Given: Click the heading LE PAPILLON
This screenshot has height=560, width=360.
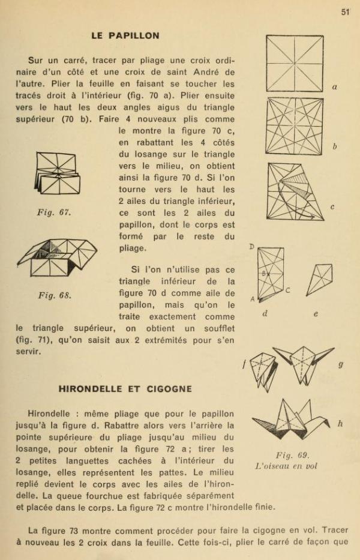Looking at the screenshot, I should coord(125,35).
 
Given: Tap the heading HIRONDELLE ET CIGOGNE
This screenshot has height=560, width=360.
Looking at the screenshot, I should coord(125,389).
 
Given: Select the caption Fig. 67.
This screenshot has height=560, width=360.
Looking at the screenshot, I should coord(54,212).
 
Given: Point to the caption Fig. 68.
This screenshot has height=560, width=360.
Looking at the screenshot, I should coord(55,295).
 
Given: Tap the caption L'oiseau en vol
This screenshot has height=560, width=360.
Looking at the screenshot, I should coord(286,466).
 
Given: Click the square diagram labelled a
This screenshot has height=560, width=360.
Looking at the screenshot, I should coord(295,63).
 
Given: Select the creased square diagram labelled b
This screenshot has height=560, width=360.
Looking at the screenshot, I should coord(295,126).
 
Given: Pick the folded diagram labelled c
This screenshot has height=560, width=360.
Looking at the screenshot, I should coord(295,191).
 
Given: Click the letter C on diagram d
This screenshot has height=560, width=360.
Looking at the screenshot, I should coord(287,291).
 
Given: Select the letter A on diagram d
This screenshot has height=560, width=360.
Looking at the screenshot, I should coord(252,299).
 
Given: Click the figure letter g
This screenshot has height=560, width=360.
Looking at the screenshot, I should coord(341,364).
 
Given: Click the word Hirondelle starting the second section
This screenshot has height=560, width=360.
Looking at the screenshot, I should coord(50,414).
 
